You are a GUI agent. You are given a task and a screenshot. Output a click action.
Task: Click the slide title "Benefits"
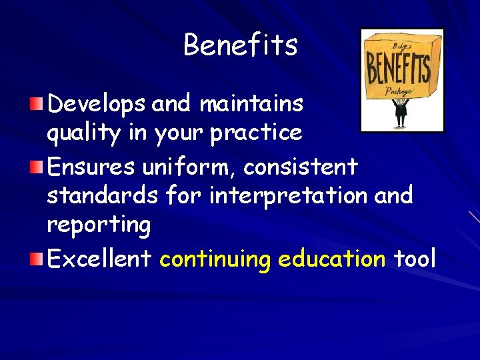240,45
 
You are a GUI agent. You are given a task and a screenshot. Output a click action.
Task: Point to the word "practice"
256,133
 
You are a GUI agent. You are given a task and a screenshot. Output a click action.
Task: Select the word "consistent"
301,166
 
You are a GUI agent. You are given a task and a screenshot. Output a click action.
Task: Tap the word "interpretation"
289,195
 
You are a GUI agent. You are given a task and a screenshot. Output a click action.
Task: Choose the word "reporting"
99,225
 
